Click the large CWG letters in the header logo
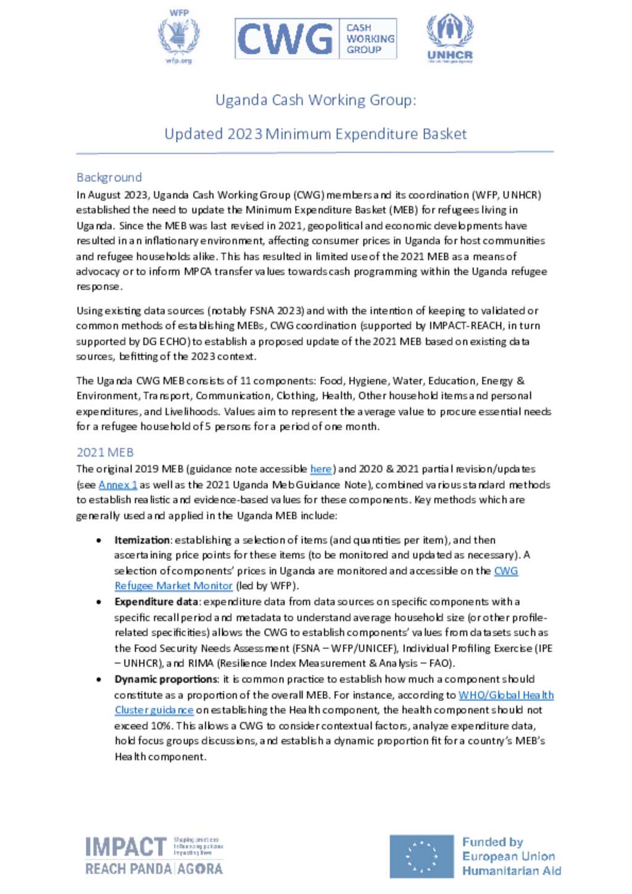point(285,39)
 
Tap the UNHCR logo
point(450,38)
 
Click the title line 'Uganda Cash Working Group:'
point(315,100)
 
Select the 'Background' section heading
point(109,178)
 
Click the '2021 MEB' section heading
point(105,452)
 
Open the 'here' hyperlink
point(321,469)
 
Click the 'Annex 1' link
point(118,485)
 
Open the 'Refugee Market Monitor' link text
point(173,586)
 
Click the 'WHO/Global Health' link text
point(506,695)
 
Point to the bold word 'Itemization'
point(142,540)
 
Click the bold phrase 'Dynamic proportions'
point(166,679)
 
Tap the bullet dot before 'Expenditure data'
point(99,602)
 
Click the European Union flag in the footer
point(422,856)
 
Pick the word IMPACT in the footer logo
point(126,847)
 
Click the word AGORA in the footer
point(200,869)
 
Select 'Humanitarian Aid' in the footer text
point(512,871)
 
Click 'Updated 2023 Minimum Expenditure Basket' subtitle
point(315,134)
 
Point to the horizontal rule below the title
point(315,152)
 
